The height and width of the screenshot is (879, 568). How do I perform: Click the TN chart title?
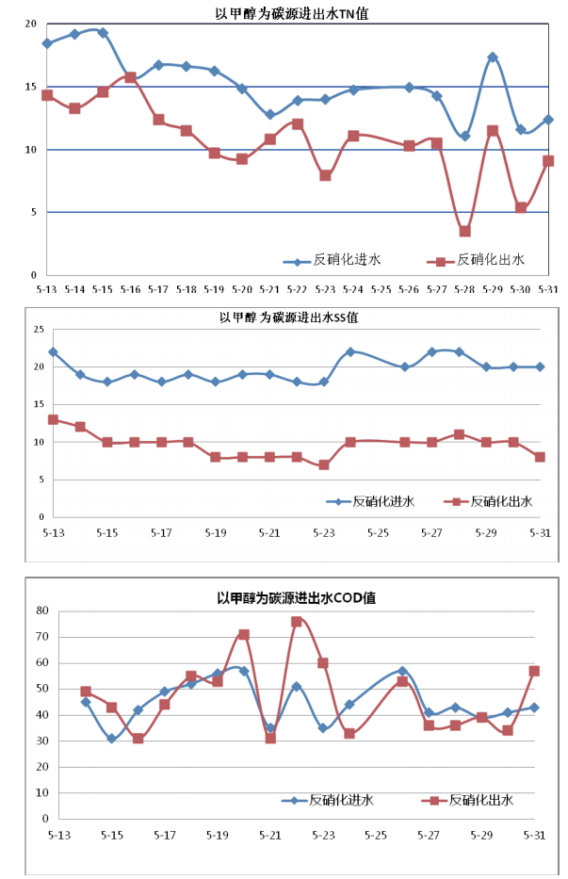[x=289, y=12]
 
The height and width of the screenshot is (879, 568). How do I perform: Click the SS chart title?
[x=288, y=317]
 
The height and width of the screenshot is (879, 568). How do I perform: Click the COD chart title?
[x=297, y=597]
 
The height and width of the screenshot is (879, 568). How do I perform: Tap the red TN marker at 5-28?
[x=464, y=231]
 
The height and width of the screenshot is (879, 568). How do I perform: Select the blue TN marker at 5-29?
[x=492, y=57]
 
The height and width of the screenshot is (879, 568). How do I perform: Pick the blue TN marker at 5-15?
[x=103, y=33]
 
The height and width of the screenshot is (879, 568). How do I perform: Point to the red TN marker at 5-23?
[x=325, y=175]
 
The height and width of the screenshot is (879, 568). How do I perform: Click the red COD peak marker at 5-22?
[x=296, y=622]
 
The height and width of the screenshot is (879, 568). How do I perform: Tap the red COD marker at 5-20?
[x=244, y=635]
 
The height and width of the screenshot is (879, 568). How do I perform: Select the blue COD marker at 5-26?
[x=402, y=671]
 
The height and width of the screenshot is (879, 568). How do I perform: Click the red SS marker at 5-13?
[x=54, y=419]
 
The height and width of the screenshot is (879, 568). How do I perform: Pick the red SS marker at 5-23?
[x=323, y=464]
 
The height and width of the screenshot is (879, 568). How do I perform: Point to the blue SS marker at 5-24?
[x=350, y=351]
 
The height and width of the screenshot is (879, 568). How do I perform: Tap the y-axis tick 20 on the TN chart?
[x=31, y=24]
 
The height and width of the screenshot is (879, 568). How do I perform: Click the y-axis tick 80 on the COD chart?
[x=41, y=610]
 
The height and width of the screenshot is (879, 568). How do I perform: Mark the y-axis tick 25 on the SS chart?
[x=40, y=329]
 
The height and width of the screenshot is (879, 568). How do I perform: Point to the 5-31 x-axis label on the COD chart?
[x=534, y=835]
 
